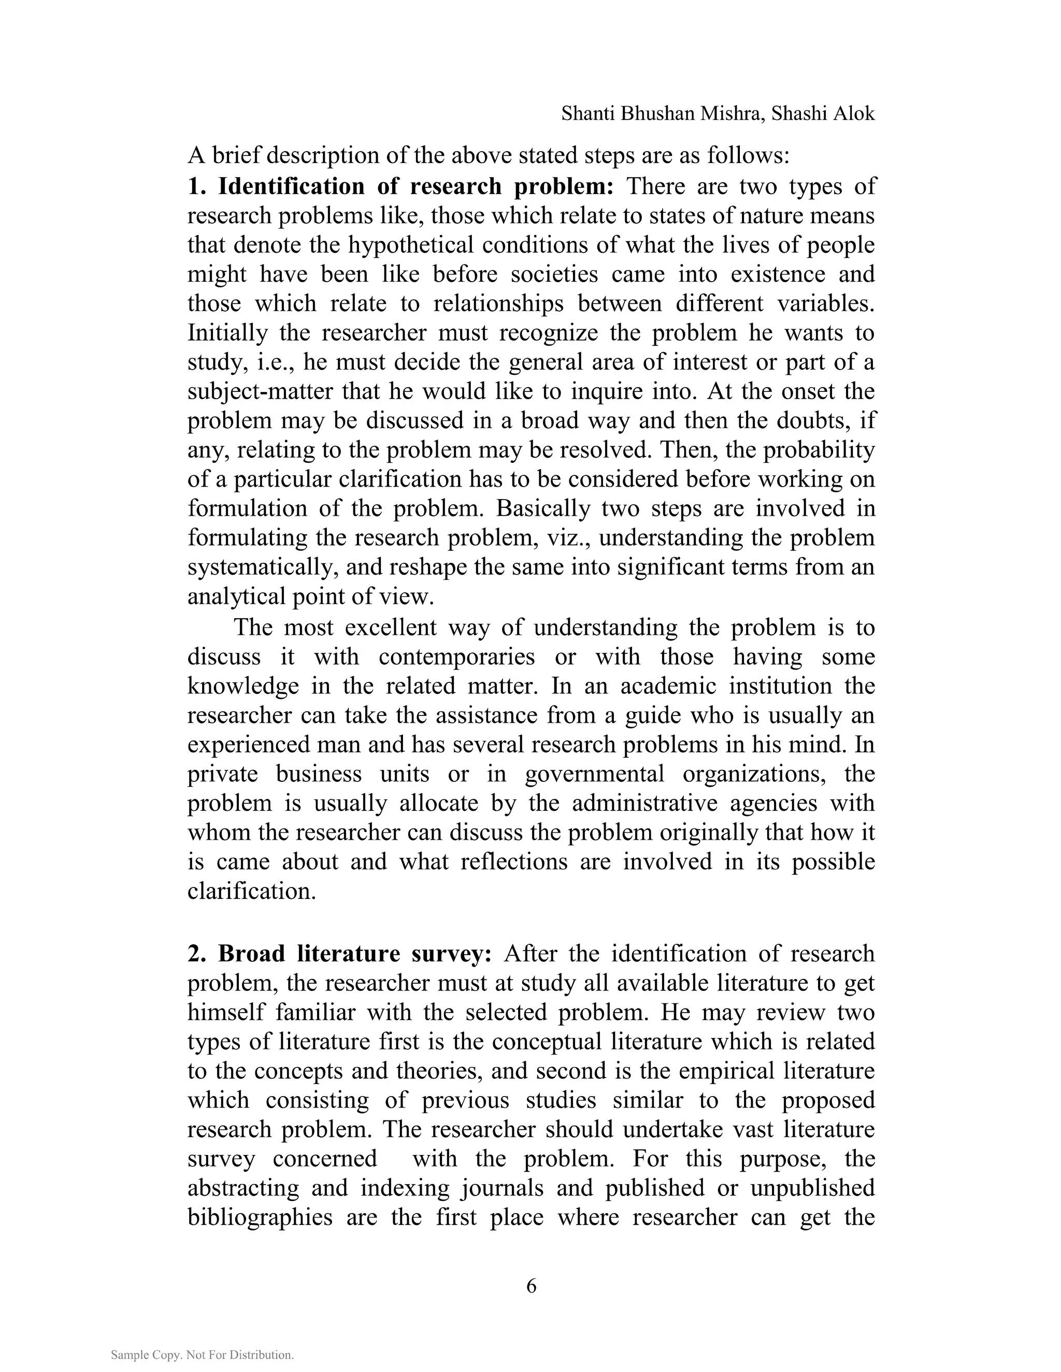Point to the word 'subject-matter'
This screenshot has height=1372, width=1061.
coord(261,391)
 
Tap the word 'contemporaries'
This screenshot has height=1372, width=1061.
coord(456,656)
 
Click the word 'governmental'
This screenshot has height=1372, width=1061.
coord(594,773)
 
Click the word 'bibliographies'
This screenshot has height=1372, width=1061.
coord(260,1217)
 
